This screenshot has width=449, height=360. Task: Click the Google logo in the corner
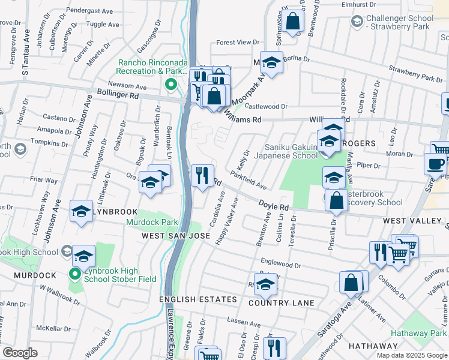[20, 353]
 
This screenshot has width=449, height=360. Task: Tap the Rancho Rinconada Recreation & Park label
[152, 67]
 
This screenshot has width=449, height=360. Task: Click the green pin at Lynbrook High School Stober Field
[74, 275]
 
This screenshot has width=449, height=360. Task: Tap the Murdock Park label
[152, 222]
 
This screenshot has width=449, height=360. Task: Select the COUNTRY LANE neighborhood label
[281, 303]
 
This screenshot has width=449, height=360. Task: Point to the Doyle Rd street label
[274, 206]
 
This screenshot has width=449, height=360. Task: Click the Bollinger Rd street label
[118, 95]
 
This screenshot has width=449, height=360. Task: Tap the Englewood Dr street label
[280, 263]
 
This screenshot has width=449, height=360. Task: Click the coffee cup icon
[435, 163]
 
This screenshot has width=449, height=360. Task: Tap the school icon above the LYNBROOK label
[81, 211]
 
